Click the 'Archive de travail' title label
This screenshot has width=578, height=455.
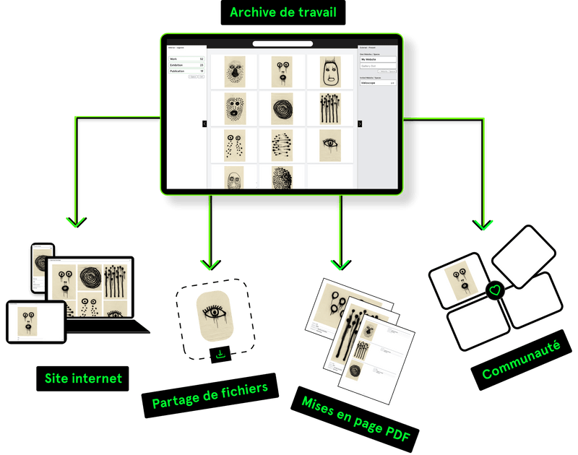pyautogui.click(x=283, y=12)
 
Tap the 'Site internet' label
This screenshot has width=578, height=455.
pyautogui.click(x=83, y=378)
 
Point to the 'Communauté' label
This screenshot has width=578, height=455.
pyautogui.click(x=515, y=360)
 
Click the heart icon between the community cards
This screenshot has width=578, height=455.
pyautogui.click(x=494, y=290)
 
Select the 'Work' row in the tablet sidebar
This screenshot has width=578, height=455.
pyautogui.click(x=186, y=59)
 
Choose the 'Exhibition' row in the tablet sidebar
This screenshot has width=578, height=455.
pyautogui.click(x=186, y=65)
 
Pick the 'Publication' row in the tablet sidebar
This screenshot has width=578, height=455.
pyautogui.click(x=186, y=71)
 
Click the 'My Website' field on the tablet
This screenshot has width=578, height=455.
pyautogui.click(x=377, y=59)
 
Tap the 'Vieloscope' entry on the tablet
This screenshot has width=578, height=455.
pyautogui.click(x=377, y=83)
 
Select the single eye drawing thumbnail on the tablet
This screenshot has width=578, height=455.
pyautogui.click(x=331, y=144)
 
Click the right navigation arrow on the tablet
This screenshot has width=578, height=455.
pyautogui.click(x=360, y=123)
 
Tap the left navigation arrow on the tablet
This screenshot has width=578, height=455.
pyautogui.click(x=204, y=123)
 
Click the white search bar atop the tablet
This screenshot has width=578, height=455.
pyautogui.click(x=282, y=43)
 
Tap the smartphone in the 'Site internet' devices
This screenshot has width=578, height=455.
pyautogui.click(x=40, y=269)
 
